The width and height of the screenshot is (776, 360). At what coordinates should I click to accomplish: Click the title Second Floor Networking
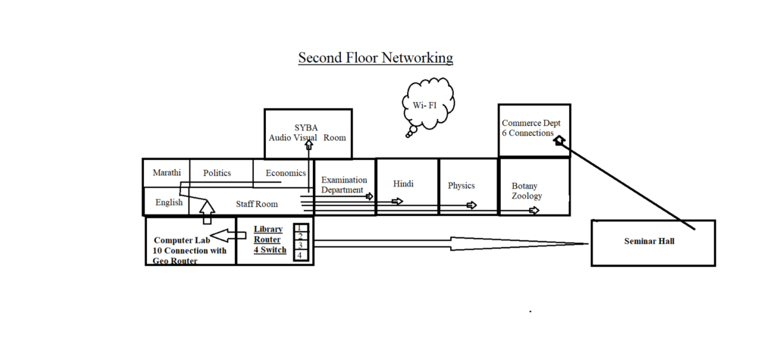click(x=375, y=58)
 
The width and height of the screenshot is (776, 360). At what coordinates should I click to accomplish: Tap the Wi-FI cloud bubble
click(x=427, y=105)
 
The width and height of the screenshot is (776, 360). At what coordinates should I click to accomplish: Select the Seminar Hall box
click(x=652, y=242)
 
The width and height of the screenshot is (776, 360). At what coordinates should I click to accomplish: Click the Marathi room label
click(x=166, y=173)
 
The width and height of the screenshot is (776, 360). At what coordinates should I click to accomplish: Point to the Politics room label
click(x=217, y=173)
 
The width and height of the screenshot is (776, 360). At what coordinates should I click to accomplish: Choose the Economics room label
click(x=286, y=173)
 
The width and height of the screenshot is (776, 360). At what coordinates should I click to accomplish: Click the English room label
click(x=169, y=202)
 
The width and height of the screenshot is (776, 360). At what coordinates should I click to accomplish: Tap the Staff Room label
click(x=256, y=204)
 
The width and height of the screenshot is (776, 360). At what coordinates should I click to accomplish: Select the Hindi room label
click(x=404, y=184)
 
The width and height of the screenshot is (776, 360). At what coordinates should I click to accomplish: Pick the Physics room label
click(x=461, y=186)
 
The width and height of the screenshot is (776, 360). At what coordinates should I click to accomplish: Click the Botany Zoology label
click(x=527, y=191)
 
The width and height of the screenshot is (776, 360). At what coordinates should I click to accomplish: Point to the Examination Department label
click(x=344, y=185)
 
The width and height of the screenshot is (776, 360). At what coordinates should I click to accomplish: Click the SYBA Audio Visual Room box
click(x=308, y=133)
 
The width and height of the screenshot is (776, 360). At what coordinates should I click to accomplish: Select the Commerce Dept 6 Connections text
click(x=531, y=128)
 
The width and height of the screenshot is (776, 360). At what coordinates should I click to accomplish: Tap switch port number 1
click(x=300, y=227)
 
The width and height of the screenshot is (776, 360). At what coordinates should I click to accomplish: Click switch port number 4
click(x=300, y=255)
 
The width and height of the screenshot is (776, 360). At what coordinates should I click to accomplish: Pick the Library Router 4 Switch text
click(x=270, y=239)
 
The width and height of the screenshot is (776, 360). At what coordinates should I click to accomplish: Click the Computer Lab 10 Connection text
click(x=189, y=250)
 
